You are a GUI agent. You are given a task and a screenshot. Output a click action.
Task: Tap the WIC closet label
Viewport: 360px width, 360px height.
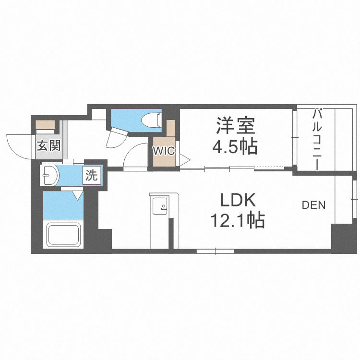164,150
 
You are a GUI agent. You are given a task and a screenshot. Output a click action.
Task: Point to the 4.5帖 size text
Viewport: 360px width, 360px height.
235,146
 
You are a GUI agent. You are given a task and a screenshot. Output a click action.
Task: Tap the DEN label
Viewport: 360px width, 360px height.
313,205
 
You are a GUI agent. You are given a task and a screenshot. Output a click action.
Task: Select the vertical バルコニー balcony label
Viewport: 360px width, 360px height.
317,139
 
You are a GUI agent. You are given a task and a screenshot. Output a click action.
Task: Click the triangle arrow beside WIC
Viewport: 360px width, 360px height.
185,159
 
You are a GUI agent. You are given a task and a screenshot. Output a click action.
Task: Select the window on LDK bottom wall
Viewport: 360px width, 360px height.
215,250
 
